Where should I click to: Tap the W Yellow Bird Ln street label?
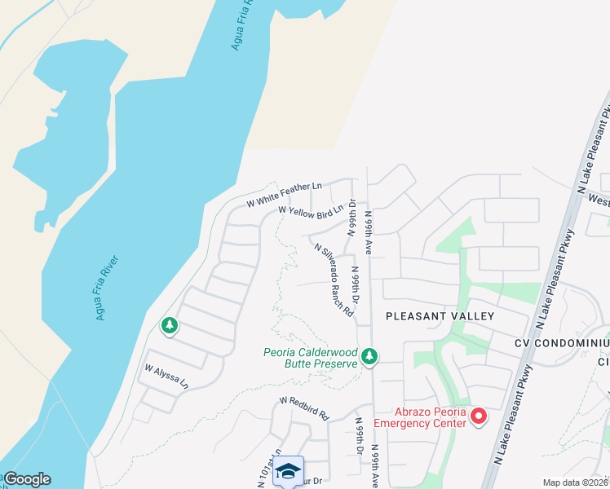click(311, 210)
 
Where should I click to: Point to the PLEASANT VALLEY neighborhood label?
click(440, 315)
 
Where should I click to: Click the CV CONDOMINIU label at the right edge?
click(562, 343)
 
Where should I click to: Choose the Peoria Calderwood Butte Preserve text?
click(311, 358)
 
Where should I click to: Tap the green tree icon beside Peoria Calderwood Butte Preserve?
click(369, 355)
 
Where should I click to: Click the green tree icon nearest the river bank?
click(170, 326)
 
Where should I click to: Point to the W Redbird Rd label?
click(303, 407)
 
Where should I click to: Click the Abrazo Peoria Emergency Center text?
click(420, 416)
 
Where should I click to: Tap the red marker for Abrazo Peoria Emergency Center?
click(479, 416)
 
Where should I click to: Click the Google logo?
click(27, 479)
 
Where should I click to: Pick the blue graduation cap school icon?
click(288, 470)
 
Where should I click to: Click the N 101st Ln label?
click(267, 471)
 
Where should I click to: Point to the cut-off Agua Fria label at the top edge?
click(241, 24)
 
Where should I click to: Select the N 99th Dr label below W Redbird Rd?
click(360, 438)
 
